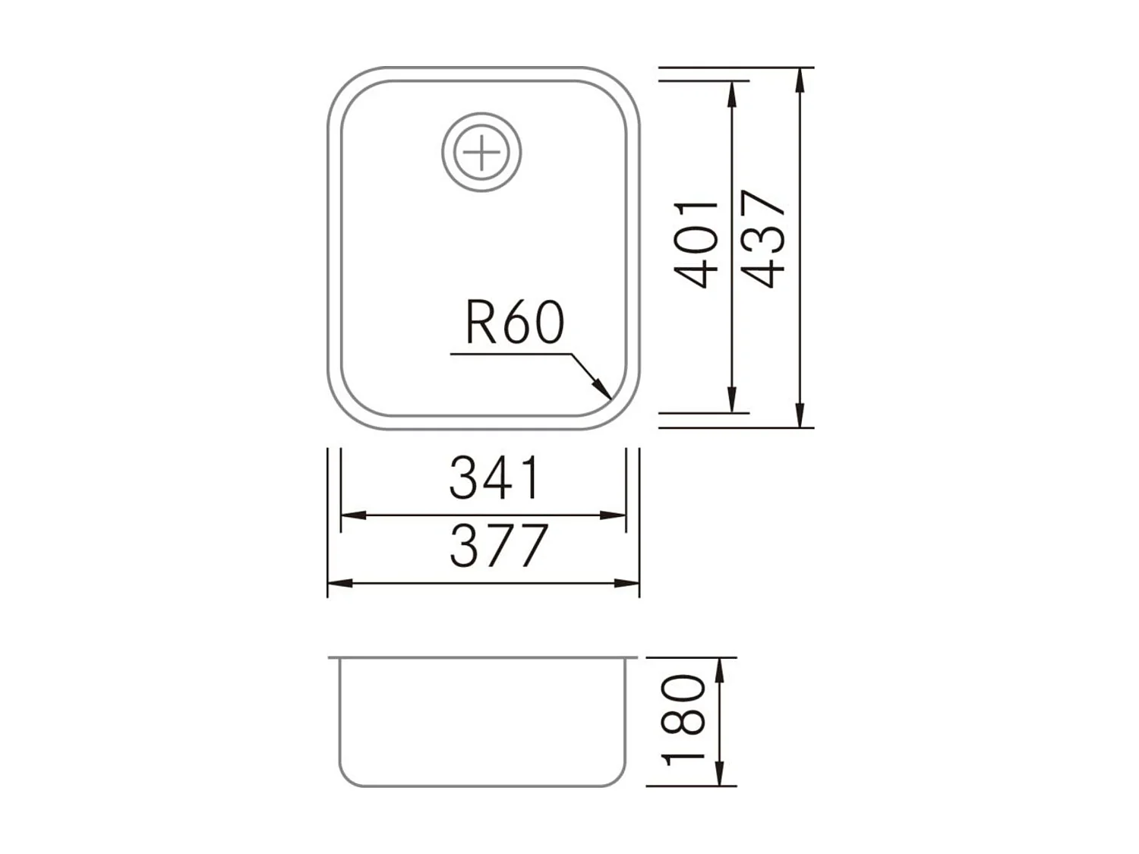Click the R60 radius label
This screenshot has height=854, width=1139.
pos(515,323)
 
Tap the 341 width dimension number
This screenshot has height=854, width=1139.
pos(495,478)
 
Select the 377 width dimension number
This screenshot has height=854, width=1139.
pos(498,546)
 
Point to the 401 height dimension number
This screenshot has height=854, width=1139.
pos(696,244)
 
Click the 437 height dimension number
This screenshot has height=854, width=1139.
pos(764,239)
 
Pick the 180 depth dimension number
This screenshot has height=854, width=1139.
pos(684,720)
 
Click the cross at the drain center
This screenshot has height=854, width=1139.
pos(482,153)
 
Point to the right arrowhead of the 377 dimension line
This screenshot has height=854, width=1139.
pos(627,583)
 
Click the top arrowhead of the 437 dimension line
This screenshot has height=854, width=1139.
pos(800,80)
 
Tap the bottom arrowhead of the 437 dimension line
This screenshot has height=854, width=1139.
pos(800,415)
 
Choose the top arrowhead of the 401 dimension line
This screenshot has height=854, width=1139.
pos(732,93)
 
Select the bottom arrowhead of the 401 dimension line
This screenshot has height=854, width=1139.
pos(732,401)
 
